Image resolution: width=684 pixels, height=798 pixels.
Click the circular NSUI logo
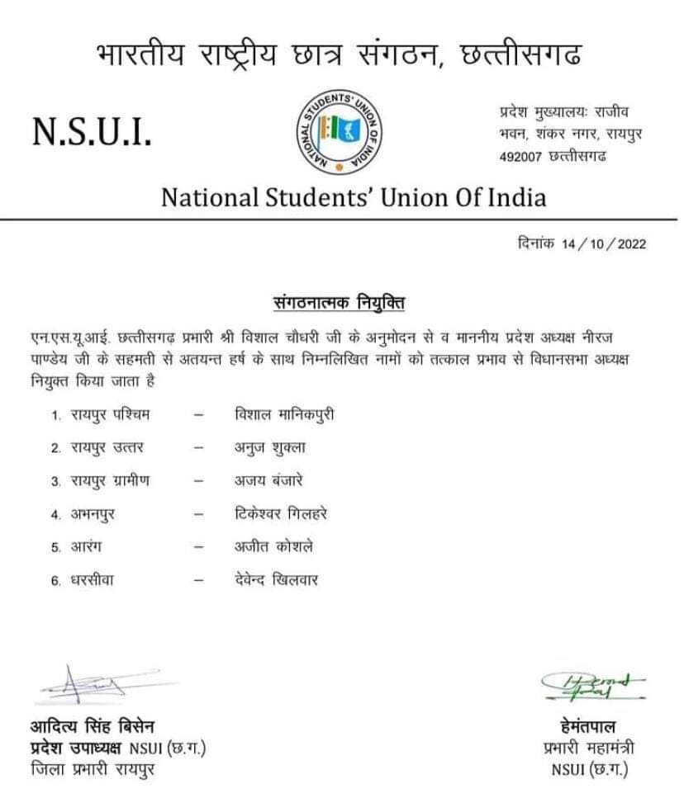click(x=340, y=131)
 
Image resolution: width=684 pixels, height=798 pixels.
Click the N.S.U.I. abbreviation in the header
click(x=92, y=132)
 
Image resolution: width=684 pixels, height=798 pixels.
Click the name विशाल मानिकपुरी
click(x=283, y=414)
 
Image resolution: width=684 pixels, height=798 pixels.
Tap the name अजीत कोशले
click(x=273, y=546)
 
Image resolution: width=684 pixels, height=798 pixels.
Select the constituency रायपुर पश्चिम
click(x=110, y=414)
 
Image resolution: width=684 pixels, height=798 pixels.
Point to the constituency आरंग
click(x=87, y=547)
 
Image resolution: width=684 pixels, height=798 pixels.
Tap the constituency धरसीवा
click(x=93, y=580)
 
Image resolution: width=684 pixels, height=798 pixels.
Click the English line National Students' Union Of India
click(x=353, y=198)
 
